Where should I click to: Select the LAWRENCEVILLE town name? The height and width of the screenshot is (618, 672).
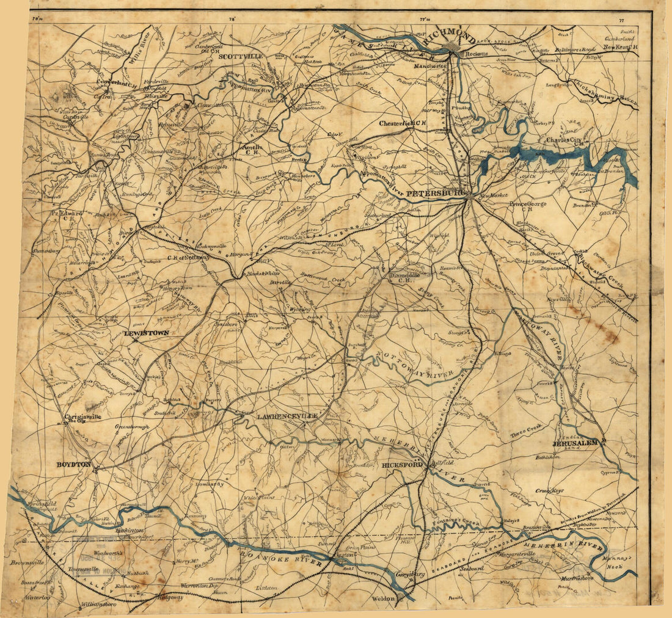click(x=280, y=416)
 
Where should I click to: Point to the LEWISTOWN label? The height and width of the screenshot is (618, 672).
click(x=146, y=333)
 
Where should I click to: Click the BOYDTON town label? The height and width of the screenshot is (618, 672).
click(x=73, y=464)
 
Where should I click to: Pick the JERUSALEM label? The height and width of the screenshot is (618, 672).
click(x=577, y=442)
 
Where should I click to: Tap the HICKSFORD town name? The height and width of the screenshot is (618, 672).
click(x=402, y=465)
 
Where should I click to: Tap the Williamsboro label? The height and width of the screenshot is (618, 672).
click(x=98, y=605)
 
